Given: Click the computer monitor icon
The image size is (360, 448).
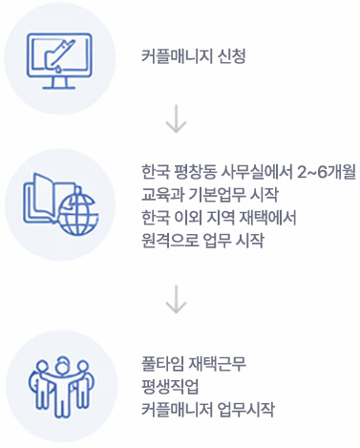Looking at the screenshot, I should point(59,56).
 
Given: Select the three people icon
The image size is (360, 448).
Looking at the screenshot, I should point(59,383).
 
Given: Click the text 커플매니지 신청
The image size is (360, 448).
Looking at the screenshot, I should point(193,56).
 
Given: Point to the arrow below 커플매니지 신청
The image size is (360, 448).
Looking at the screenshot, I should point(175,120).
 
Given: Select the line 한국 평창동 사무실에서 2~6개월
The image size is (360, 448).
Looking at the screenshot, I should point(246,174).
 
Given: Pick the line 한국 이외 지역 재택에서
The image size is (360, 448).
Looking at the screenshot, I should point(218,218).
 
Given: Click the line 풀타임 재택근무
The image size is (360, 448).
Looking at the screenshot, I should point(193,363).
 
